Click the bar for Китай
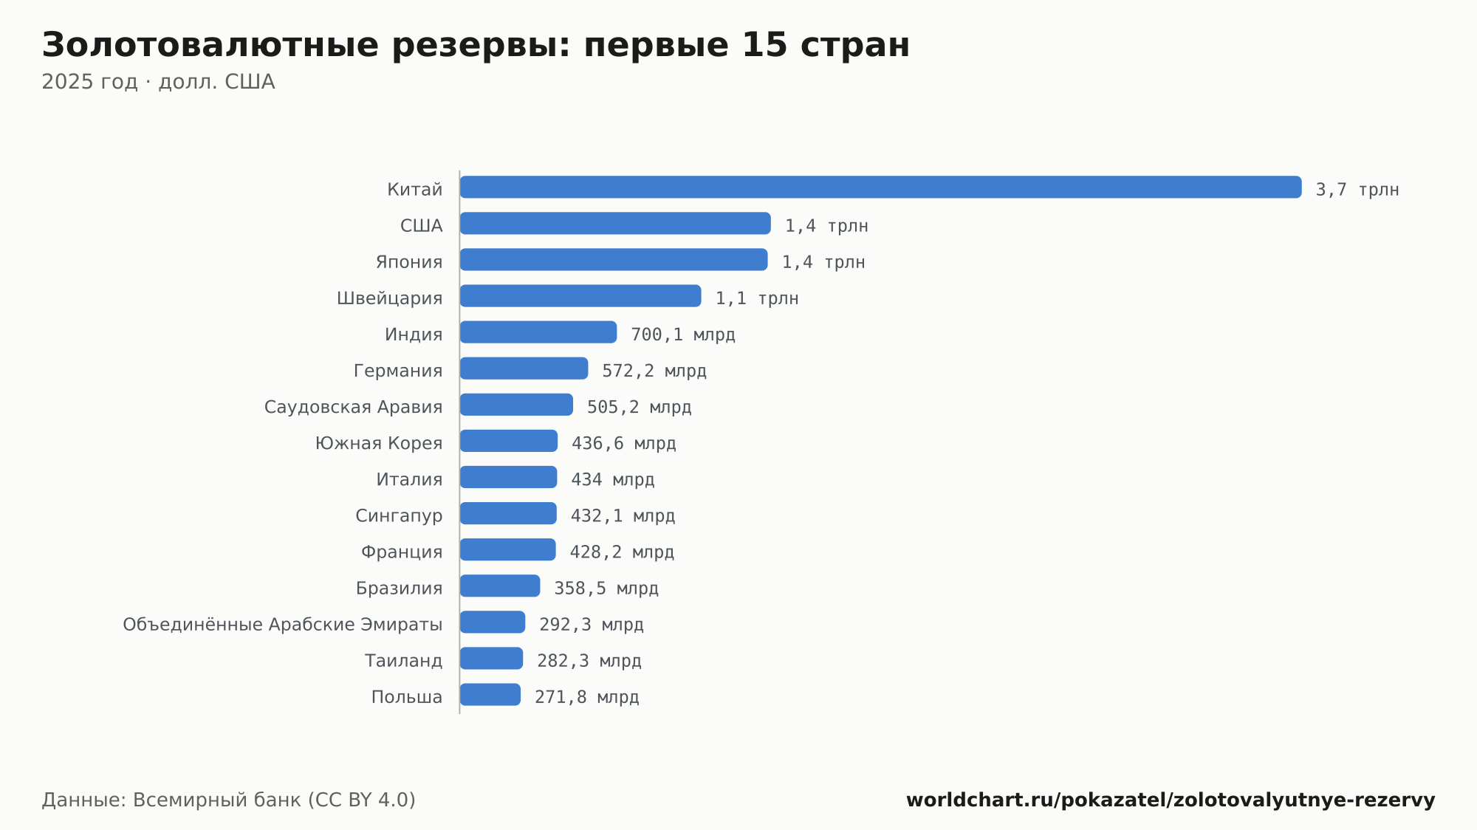880,187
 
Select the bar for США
615,223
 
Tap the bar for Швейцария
580,295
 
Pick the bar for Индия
538,332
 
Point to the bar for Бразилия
500,586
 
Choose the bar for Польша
490,694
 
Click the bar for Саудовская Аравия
516,404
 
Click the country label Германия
398,371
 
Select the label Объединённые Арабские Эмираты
283,625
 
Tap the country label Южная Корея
379,443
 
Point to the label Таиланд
404,661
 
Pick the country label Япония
409,262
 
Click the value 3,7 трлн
1357,190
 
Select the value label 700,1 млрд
683,335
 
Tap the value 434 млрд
613,480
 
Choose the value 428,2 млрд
622,552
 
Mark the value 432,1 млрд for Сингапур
623,516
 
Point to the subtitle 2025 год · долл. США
158,82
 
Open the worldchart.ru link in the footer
1171,800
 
